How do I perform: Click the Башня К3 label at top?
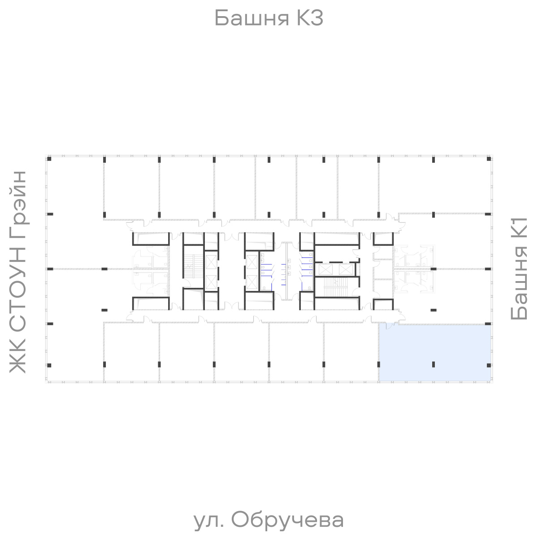pos(269,19)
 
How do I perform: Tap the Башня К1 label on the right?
pos(520,269)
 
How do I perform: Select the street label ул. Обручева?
pos(269,520)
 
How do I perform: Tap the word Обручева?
pos(288,520)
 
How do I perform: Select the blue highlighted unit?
pos(435,352)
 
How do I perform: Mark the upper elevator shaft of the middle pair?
pos(252,260)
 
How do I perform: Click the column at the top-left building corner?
pos(50,159)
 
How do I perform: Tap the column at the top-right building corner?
pos(489,159)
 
